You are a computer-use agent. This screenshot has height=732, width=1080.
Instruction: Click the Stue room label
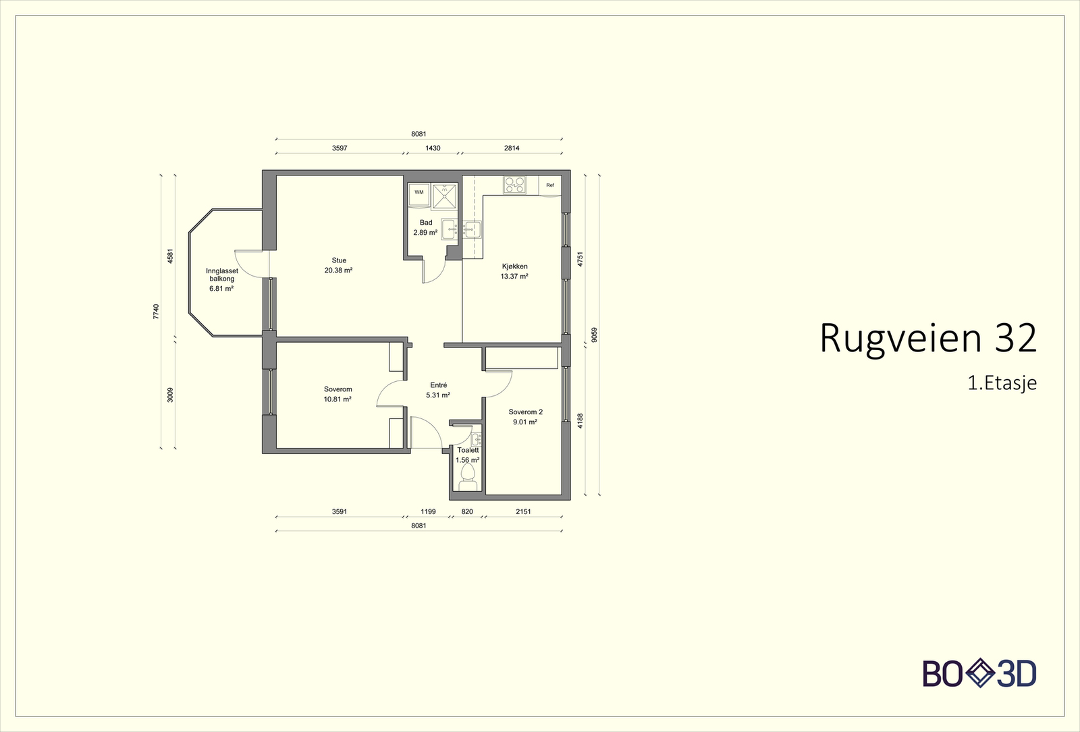(x=339, y=260)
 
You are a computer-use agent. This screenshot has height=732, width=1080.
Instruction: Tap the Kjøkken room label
(x=514, y=266)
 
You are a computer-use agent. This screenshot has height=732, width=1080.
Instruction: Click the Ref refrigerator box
(x=550, y=186)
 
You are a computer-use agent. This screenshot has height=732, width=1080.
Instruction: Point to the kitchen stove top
(x=514, y=185)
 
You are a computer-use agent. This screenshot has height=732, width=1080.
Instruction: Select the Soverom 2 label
(x=526, y=412)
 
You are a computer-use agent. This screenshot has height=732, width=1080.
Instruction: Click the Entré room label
(x=439, y=385)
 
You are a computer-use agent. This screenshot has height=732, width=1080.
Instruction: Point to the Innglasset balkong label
(x=222, y=275)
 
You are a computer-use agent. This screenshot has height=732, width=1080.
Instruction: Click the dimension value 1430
(x=433, y=148)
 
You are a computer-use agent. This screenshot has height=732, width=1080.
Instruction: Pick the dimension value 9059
(x=594, y=335)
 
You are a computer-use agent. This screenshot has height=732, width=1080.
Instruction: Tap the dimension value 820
(x=467, y=511)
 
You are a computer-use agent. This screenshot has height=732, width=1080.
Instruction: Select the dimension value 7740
(x=155, y=312)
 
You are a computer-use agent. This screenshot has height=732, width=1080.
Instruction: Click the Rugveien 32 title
(x=928, y=339)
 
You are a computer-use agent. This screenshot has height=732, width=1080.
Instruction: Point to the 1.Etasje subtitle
(x=1002, y=383)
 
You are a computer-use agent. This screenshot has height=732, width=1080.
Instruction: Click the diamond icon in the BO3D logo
(x=980, y=674)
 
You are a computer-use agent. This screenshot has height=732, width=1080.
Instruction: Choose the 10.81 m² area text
(x=337, y=399)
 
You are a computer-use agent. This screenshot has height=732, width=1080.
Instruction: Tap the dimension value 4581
(x=169, y=256)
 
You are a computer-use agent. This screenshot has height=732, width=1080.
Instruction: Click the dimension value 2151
(x=523, y=511)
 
